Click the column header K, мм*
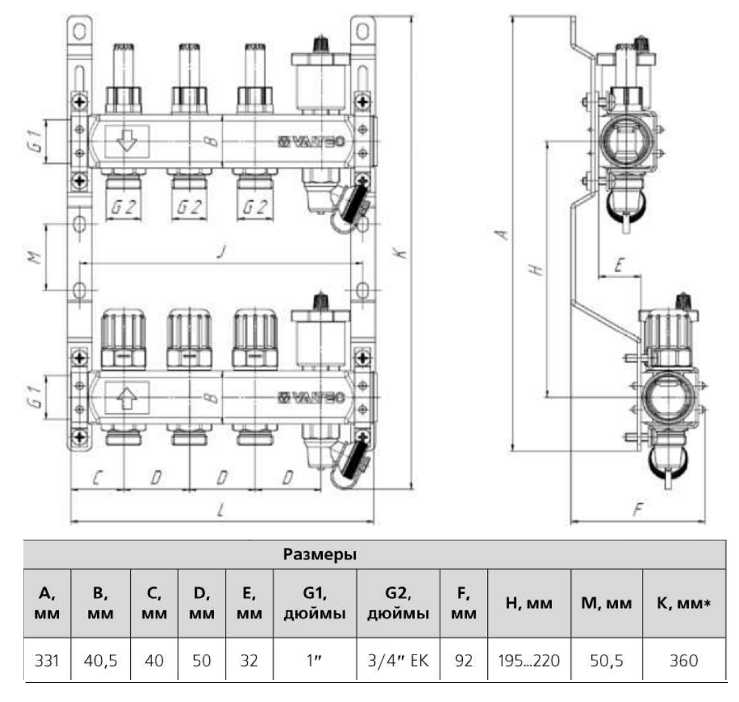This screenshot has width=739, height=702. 683,603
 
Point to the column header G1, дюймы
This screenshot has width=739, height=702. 314,603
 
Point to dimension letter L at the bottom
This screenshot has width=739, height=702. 219,510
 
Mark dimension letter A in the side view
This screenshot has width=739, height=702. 503,235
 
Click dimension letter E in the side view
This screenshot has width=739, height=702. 619,266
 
